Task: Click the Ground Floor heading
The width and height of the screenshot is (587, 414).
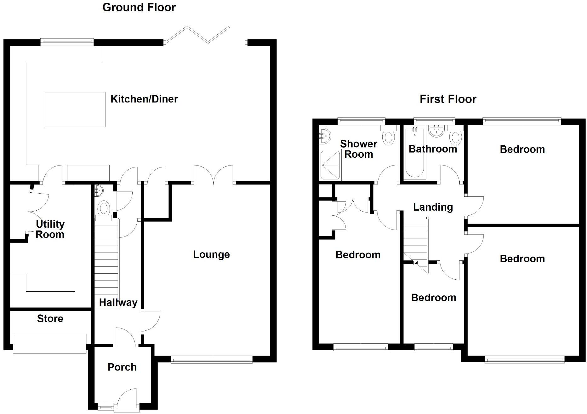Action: [x=139, y=7]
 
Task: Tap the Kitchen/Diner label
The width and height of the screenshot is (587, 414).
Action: [x=144, y=99]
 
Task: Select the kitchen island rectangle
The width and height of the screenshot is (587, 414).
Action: [x=75, y=109]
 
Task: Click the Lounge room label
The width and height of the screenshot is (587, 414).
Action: [x=211, y=254]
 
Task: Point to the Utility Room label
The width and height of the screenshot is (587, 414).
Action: [x=50, y=229]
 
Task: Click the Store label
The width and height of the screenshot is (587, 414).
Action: [x=50, y=318]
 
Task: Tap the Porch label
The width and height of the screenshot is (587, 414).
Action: [x=122, y=367]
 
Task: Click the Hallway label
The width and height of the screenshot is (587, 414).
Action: [x=118, y=302]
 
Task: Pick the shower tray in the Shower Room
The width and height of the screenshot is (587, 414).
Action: [x=330, y=165]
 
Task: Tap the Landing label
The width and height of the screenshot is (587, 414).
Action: [x=433, y=207]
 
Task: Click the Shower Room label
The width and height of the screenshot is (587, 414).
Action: [x=358, y=149]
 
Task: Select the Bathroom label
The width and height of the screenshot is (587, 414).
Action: [x=432, y=149]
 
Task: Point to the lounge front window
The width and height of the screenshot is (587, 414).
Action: [x=212, y=359]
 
